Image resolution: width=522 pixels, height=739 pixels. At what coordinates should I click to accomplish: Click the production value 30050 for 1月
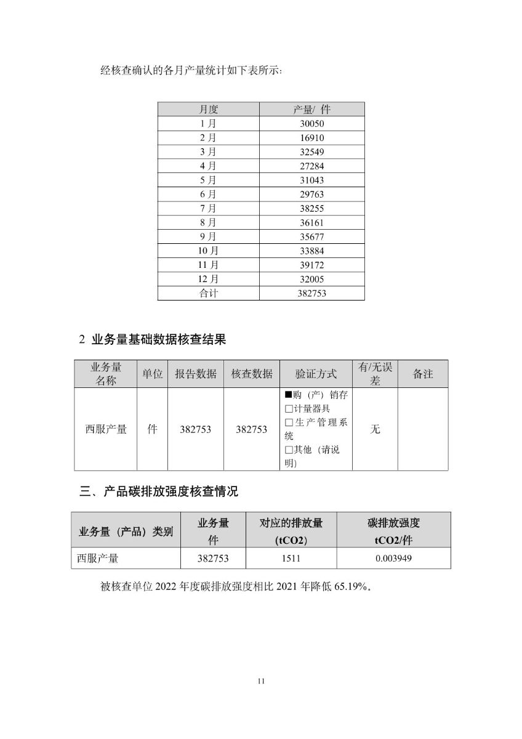[x=311, y=124]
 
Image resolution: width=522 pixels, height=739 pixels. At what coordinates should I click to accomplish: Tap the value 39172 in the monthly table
[x=311, y=265]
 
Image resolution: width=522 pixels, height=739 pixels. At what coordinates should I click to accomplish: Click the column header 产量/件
[x=311, y=110]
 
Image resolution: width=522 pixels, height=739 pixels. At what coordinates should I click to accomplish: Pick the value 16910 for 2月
[x=311, y=138]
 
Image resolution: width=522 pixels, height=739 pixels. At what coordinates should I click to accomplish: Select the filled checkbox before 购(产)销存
[x=288, y=395]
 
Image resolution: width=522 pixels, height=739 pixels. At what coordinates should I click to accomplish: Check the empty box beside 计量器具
[x=288, y=409]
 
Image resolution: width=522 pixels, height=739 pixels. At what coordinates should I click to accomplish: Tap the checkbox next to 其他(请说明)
[x=288, y=450]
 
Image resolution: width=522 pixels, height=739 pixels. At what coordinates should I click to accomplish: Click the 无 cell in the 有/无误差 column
[x=375, y=429]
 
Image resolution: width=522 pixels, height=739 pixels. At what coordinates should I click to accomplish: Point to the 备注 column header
[x=423, y=374]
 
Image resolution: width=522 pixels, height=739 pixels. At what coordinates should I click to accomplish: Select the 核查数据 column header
[x=252, y=374]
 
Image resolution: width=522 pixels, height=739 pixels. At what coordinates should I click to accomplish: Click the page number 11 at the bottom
[x=261, y=681]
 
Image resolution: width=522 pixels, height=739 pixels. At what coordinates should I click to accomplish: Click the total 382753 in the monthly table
[x=311, y=294]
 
